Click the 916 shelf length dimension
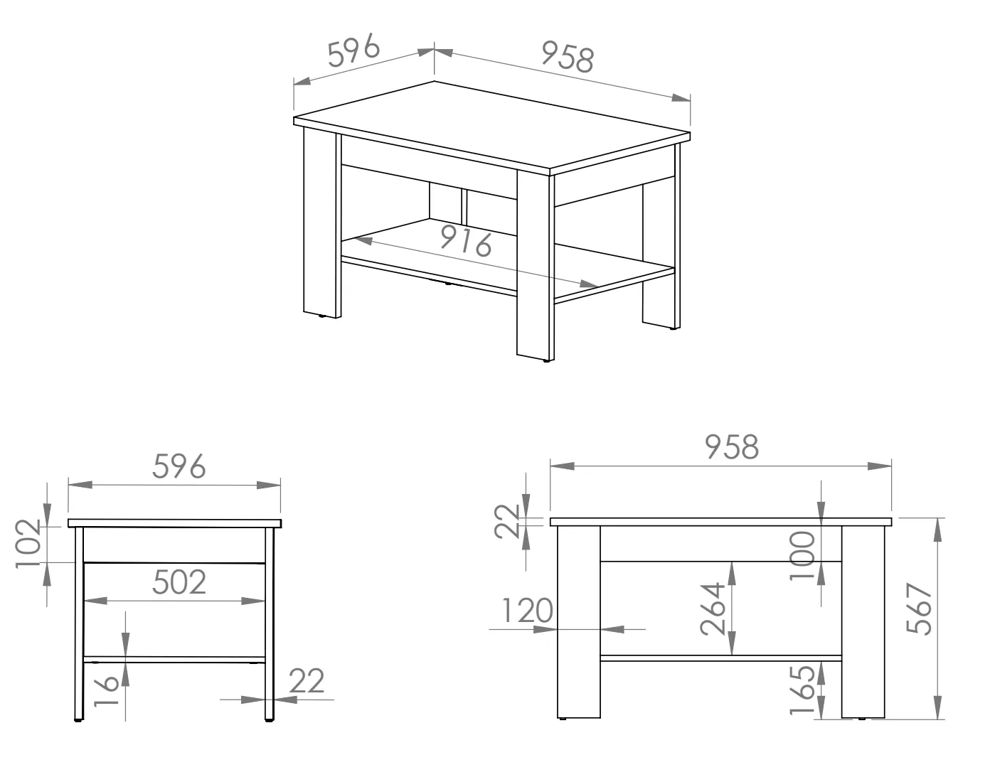tap(466, 244)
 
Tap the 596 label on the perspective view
tap(353, 50)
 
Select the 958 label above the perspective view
tap(568, 58)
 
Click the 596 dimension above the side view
tap(179, 466)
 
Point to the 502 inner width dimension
tap(179, 582)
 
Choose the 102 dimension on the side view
tap(28, 544)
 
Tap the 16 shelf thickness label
tap(106, 690)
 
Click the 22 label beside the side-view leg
tap(307, 680)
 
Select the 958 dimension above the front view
tap(732, 447)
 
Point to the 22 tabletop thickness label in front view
tap(508, 522)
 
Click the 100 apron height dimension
tap(802, 556)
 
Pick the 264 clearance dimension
tap(713, 609)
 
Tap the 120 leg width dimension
tap(528, 611)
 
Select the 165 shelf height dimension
tap(802, 690)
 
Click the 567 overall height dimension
tap(919, 609)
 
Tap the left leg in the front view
tap(579, 622)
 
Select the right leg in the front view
tap(863, 622)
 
